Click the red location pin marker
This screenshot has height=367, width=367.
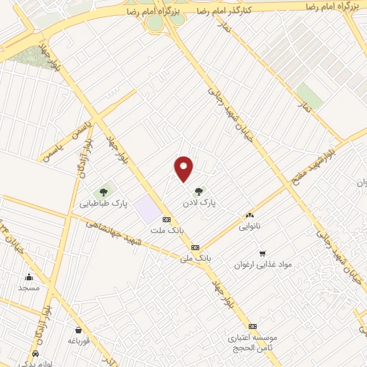[x=184, y=168]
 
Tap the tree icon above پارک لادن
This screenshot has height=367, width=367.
[x=199, y=191]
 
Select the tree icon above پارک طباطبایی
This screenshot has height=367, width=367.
[x=104, y=192]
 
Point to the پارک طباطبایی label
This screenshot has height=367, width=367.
[x=103, y=204]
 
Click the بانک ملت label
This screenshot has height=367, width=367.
[x=167, y=231]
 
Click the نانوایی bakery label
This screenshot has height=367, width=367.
[x=249, y=226]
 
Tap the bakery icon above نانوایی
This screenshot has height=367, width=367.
[x=249, y=215]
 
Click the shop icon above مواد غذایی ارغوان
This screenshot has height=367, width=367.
[x=263, y=253]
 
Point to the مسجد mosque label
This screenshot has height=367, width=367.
[x=29, y=287]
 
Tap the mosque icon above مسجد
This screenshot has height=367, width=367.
[x=29, y=277]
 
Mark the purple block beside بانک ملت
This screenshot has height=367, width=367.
[x=146, y=209]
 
